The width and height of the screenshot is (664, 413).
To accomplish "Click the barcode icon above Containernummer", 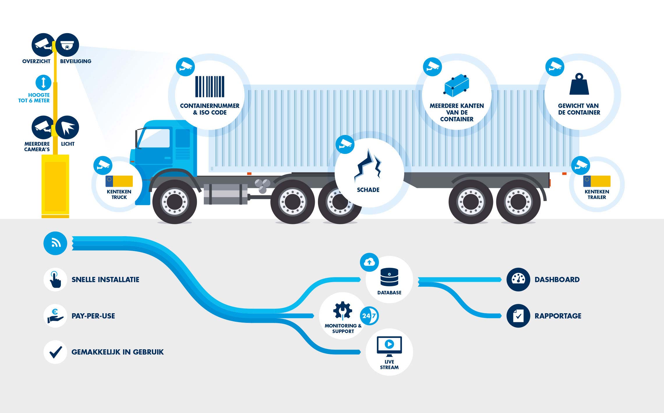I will click(x=210, y=87).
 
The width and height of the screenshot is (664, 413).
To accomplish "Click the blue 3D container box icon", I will click(x=457, y=85).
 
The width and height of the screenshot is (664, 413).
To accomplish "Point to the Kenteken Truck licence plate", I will click(x=119, y=181).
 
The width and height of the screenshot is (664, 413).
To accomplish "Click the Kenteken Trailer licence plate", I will click(x=597, y=181).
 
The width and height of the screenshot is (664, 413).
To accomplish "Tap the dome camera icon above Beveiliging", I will click(x=67, y=45).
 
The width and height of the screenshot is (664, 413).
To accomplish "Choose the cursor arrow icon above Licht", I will click(x=67, y=127).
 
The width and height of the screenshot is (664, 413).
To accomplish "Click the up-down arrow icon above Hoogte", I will click(x=43, y=82).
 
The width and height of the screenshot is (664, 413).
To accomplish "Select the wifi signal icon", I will click(x=55, y=243).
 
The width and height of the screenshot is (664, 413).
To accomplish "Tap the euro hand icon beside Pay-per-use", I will click(x=55, y=316).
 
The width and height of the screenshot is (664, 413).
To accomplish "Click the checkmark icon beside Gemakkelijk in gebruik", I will click(x=55, y=352).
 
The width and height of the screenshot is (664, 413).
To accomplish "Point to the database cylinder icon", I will click(x=389, y=277).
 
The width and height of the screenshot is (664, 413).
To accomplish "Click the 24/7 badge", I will click(x=369, y=316).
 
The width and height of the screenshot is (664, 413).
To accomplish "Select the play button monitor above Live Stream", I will click(x=389, y=346).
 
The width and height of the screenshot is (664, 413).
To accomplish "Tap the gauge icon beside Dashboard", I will click(x=518, y=280).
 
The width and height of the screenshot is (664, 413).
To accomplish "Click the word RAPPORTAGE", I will click(x=558, y=316).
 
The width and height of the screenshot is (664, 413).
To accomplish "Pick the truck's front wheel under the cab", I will click(x=175, y=202).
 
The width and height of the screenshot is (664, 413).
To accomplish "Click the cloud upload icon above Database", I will click(x=369, y=262).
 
